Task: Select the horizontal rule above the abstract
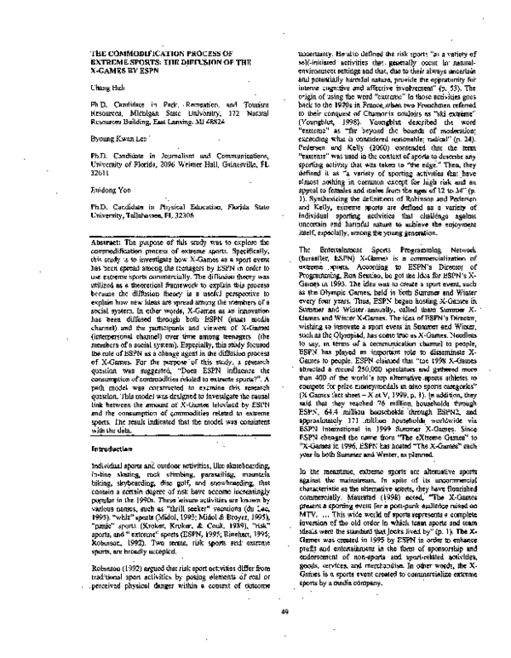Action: pyautogui.click(x=169, y=229)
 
